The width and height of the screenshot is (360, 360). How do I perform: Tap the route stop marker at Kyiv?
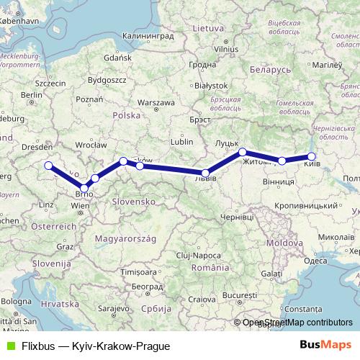(x=312, y=156)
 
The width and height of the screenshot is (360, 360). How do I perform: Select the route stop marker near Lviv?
(x=206, y=173)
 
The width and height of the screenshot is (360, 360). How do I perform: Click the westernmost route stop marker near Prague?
(x=48, y=166)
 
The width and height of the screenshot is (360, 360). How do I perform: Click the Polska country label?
(x=126, y=115)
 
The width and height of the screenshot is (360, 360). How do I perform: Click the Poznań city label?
(x=89, y=99)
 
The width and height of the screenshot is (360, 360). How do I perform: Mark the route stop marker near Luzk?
(x=243, y=152)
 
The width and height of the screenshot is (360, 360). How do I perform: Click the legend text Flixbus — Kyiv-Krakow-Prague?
(x=90, y=346)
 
